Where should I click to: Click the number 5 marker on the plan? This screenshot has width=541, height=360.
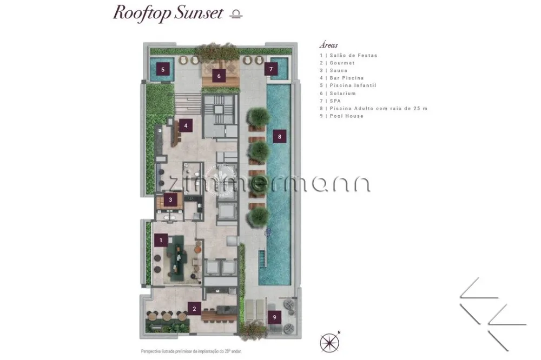(x=163, y=69)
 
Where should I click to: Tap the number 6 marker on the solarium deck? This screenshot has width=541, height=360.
(x=219, y=76)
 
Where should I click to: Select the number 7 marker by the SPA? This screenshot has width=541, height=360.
(x=271, y=69)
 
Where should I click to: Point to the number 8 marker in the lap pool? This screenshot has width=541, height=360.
(x=280, y=137)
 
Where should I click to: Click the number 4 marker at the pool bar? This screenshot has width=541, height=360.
(x=186, y=125)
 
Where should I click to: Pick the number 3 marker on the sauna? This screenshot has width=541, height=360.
(x=170, y=199)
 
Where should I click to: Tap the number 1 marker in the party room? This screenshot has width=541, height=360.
(x=161, y=241)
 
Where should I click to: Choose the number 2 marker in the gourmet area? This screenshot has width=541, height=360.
(x=194, y=309)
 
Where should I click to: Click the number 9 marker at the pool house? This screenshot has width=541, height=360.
(x=275, y=317)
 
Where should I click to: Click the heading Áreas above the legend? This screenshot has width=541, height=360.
(x=328, y=45)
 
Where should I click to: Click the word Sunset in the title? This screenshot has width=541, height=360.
(x=199, y=13)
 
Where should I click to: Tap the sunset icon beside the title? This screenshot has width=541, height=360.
(x=236, y=14)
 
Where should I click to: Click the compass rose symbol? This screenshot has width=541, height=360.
(x=330, y=343)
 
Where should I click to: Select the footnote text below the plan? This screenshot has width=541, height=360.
(x=191, y=351)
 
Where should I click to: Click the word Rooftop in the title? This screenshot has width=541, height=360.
(x=142, y=14)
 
